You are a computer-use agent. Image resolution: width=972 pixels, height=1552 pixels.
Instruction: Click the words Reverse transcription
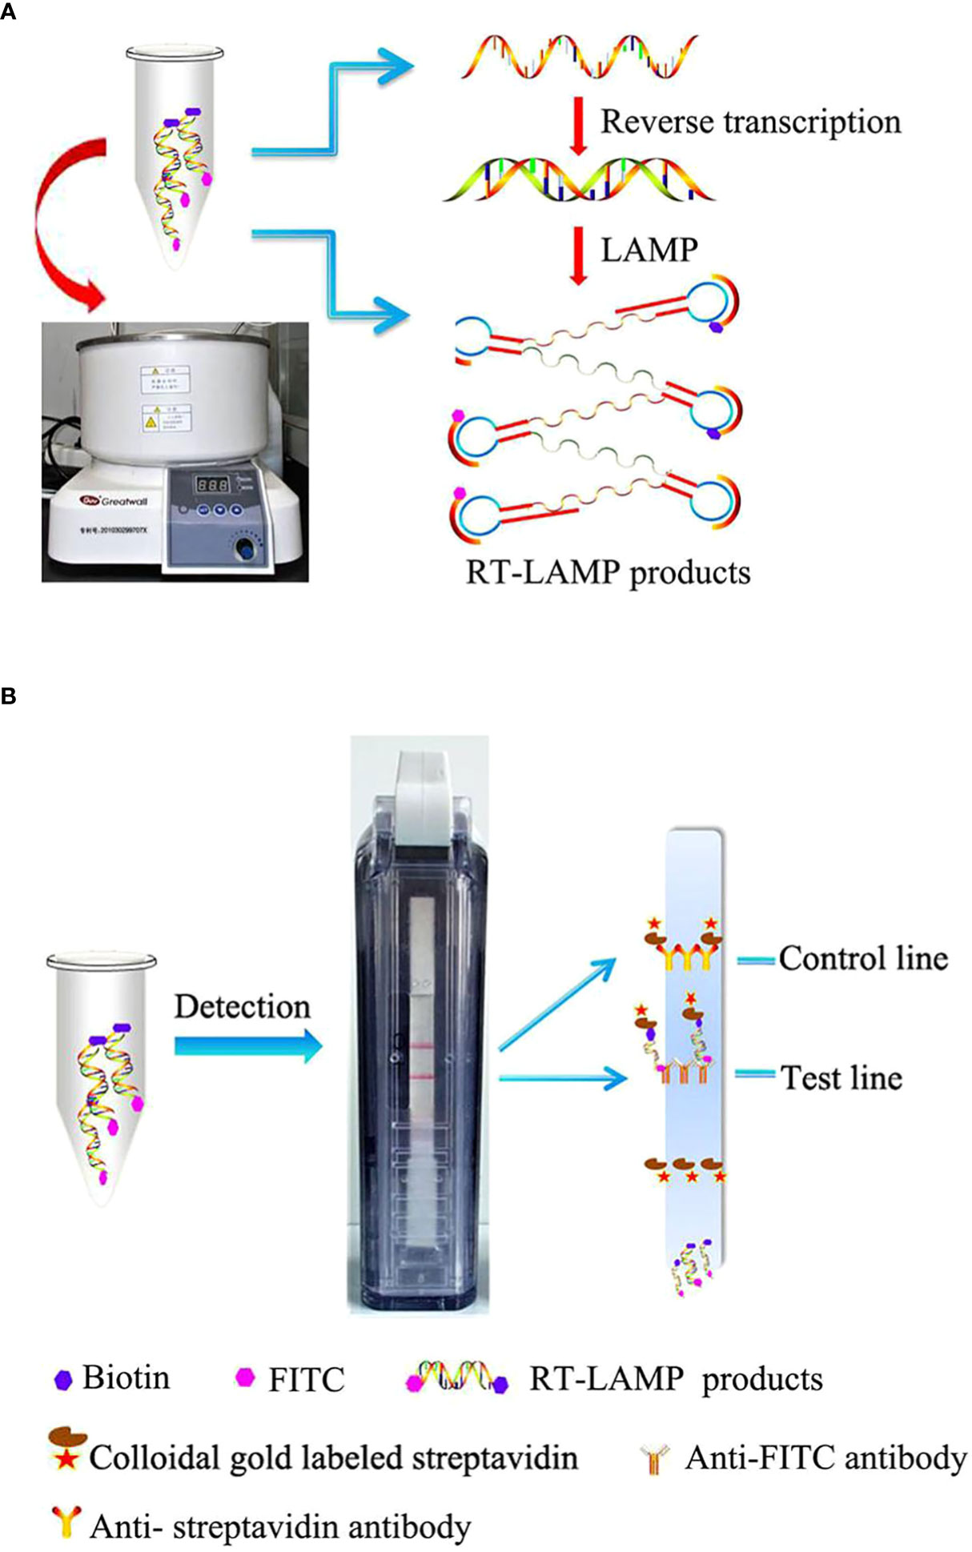pos(750,122)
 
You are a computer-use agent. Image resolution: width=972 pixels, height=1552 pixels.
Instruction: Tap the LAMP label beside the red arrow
pos(649,250)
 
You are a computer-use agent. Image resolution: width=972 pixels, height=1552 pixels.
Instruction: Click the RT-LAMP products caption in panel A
pos(609,573)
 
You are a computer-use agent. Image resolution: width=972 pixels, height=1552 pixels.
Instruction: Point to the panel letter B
pos(9,696)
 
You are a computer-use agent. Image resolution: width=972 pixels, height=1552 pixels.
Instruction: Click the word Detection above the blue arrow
pos(243,1007)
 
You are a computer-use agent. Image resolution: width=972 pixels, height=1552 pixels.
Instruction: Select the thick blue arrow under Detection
pos(247,1046)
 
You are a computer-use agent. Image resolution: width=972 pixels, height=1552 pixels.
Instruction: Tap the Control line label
pos(863,958)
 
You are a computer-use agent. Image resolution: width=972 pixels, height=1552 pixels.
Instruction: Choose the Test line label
pos(841,1077)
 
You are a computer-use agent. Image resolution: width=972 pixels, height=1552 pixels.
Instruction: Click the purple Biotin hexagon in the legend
pos(63,1379)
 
